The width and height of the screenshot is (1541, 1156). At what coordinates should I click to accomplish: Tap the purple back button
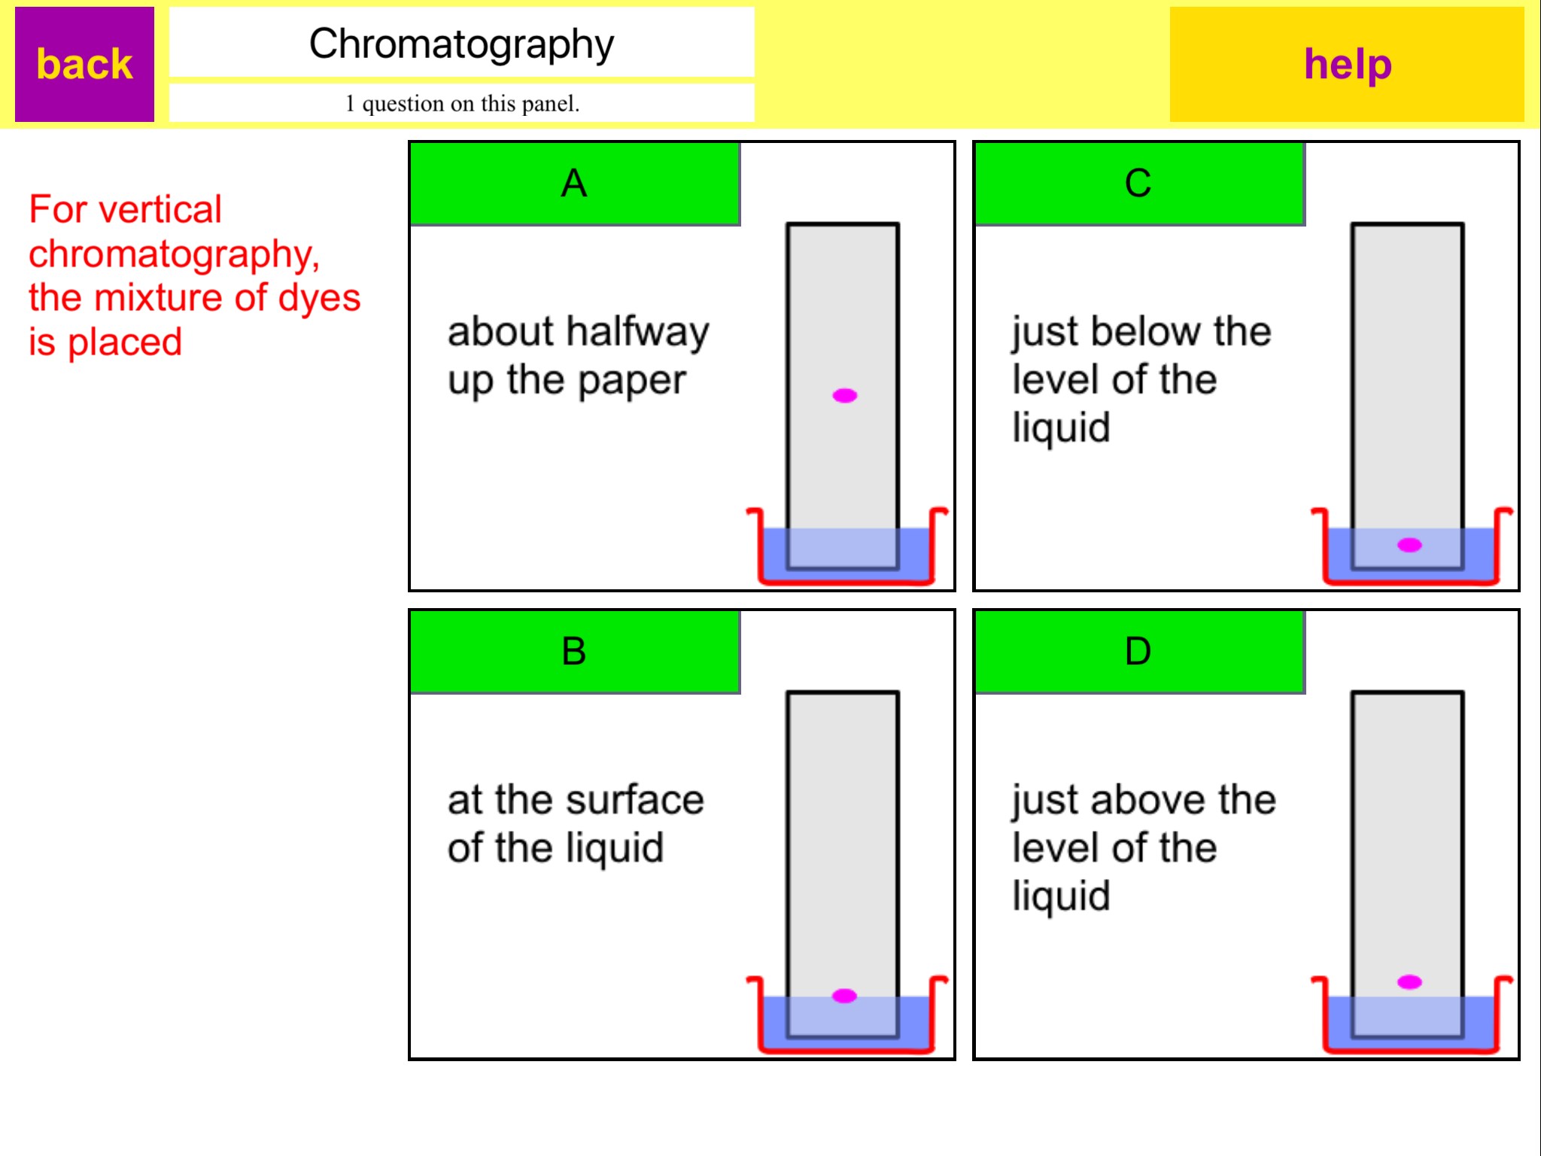click(84, 64)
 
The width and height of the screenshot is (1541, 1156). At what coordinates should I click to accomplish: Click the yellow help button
click(1347, 64)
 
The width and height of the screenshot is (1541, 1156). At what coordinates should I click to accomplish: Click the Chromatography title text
click(461, 44)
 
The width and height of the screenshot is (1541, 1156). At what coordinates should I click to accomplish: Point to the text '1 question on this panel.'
click(462, 103)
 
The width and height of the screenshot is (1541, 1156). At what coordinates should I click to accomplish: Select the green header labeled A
click(575, 184)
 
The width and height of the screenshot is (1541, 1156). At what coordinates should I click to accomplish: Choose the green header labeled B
click(575, 652)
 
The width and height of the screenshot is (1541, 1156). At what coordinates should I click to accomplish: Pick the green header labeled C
click(1139, 184)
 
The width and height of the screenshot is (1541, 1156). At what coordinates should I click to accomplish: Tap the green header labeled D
click(1139, 652)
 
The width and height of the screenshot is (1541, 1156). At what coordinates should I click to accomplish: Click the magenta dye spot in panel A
click(844, 395)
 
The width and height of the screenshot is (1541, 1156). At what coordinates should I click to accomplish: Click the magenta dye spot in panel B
click(844, 996)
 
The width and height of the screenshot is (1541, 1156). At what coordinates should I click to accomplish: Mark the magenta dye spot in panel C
click(1409, 545)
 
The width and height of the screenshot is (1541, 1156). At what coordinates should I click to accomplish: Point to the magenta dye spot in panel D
click(1409, 981)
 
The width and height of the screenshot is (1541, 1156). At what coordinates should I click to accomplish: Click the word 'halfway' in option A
click(637, 333)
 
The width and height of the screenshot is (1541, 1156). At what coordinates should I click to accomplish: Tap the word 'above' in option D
click(1149, 799)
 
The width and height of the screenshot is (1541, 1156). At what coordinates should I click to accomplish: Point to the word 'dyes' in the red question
click(319, 298)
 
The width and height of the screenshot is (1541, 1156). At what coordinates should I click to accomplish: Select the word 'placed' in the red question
click(124, 342)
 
